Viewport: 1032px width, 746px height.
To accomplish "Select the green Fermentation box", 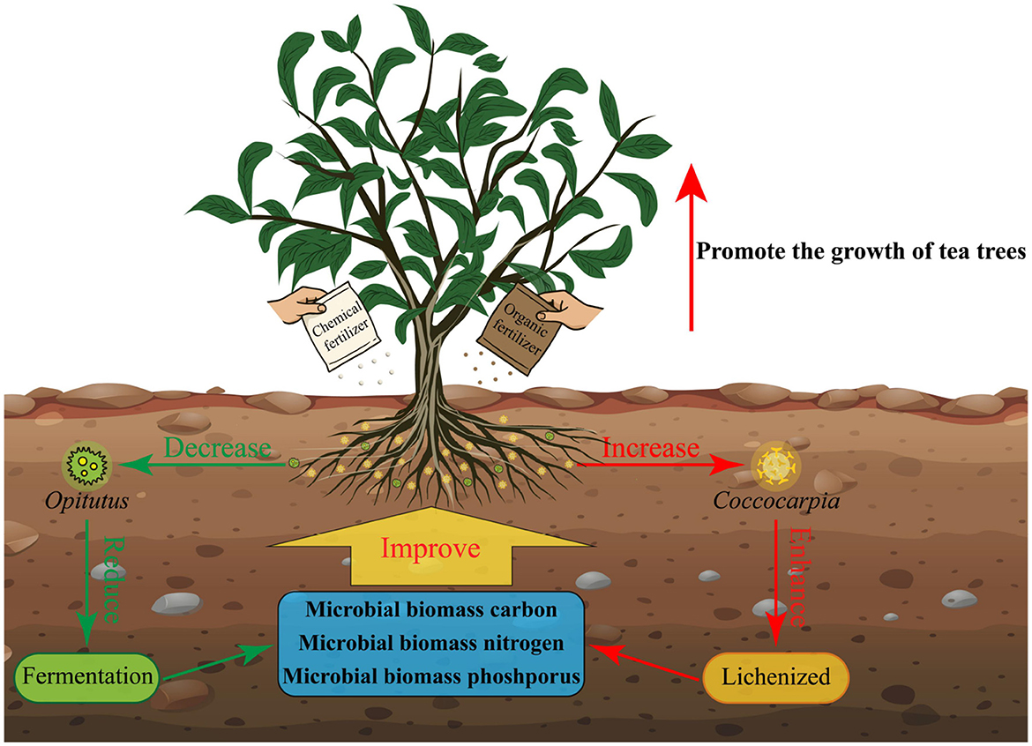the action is coord(86,678).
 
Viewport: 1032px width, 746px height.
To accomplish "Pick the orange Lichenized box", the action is coord(775,677).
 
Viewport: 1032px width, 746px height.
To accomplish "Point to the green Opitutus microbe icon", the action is coord(86,461).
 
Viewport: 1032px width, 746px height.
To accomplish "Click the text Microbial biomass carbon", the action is coord(431,610).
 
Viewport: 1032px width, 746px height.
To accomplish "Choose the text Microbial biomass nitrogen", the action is coord(431,643).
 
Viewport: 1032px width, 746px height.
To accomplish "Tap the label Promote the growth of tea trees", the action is coord(861,251).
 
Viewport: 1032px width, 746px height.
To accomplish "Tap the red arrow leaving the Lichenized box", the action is coord(648,664).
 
